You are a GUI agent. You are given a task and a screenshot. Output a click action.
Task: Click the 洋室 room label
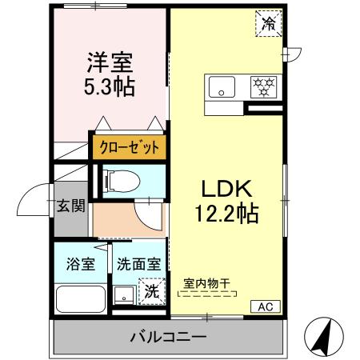click(x=109, y=62)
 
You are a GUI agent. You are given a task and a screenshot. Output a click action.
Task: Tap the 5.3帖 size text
click(x=109, y=85)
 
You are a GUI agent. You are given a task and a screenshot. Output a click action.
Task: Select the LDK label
click(x=227, y=190)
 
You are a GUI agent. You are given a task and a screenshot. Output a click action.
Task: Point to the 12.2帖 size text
click(x=227, y=214)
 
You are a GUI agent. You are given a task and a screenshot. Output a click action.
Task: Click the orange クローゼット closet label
click(x=129, y=148)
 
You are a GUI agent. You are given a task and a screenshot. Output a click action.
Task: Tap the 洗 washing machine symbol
click(x=150, y=291)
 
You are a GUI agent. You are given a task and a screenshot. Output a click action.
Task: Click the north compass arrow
click(x=323, y=337)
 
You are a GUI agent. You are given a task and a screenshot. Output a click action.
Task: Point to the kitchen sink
click(x=222, y=85)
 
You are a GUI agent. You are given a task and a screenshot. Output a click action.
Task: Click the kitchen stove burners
click(x=262, y=84)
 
